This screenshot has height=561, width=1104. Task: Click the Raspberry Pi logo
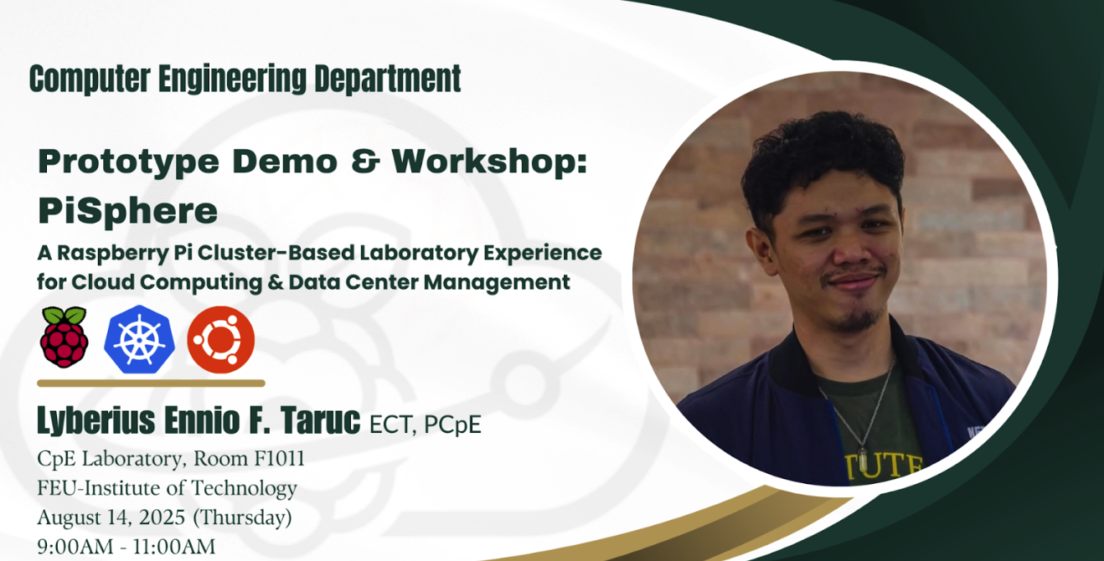(64, 337)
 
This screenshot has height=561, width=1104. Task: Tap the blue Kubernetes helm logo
(140, 339)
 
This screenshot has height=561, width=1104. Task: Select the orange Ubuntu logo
(221, 339)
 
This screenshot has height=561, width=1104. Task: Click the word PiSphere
(127, 211)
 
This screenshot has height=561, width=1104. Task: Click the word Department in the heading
(387, 79)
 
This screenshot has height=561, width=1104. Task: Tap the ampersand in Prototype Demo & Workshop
(365, 161)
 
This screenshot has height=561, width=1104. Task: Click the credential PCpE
(452, 425)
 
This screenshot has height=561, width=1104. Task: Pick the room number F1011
(280, 459)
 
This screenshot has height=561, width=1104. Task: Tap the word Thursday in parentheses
(242, 517)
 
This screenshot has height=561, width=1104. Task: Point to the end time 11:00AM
(174, 547)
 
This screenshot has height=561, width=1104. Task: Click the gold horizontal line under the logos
(151, 383)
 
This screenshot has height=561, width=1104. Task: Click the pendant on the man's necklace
(863, 461)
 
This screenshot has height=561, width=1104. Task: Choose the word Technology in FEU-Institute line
(244, 489)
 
